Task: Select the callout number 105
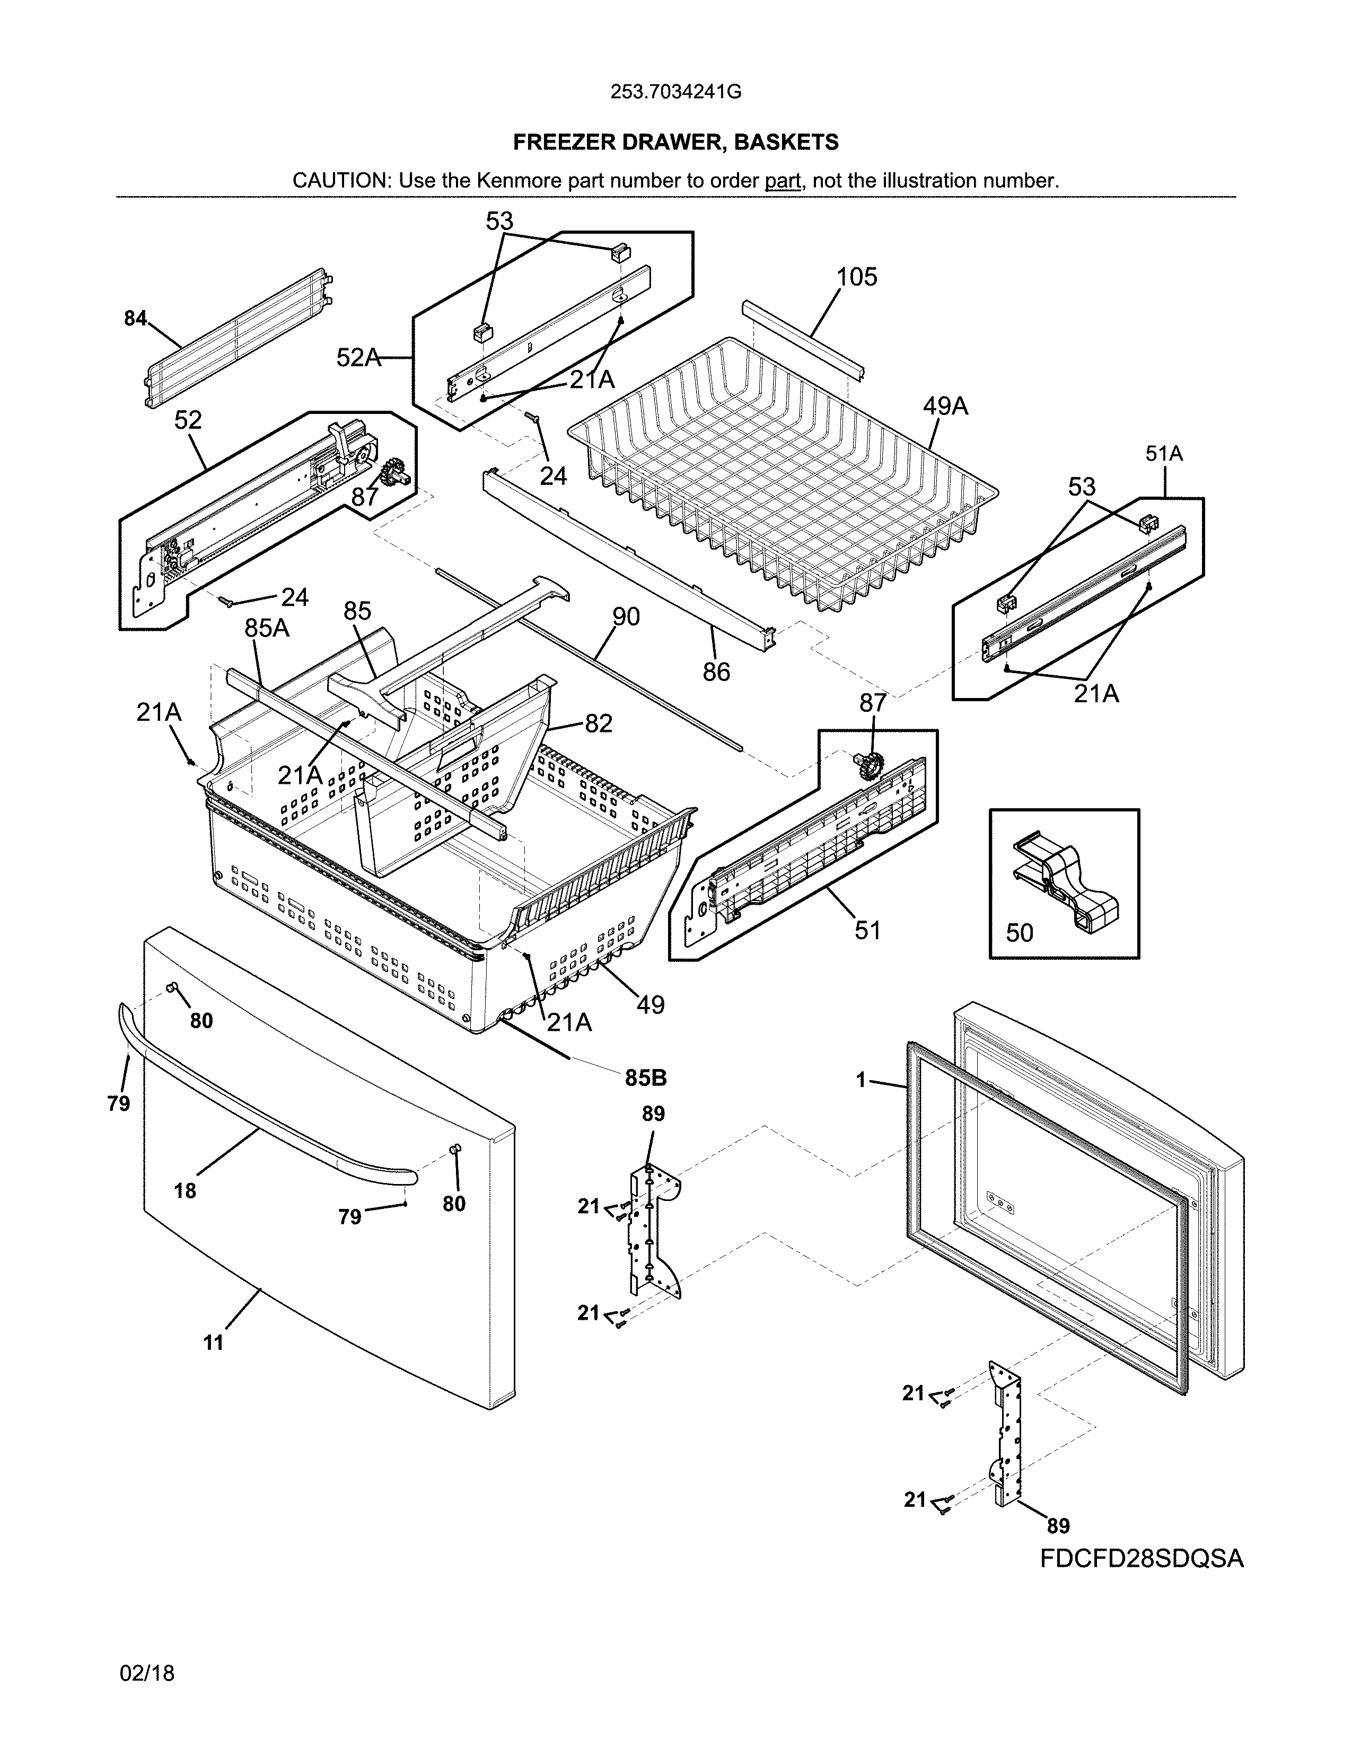click(856, 277)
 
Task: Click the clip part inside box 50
click(1065, 881)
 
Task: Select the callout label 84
click(135, 319)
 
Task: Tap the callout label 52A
click(358, 358)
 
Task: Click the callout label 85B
click(646, 1078)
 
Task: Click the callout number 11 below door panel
click(213, 1343)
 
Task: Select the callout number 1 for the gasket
click(861, 1081)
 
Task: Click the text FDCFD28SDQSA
click(1142, 1558)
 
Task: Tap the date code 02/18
click(146, 1673)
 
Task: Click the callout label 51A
click(1164, 454)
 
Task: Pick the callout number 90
click(626, 616)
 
